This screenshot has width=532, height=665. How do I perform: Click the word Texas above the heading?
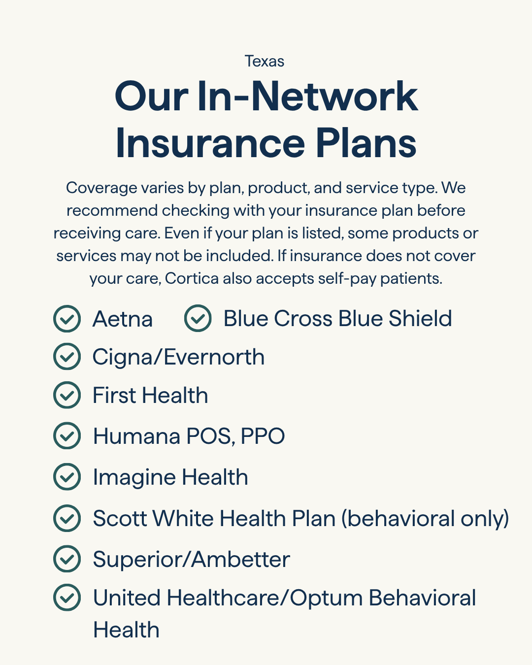[x=265, y=61]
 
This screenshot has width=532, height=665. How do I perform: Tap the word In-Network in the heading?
[x=307, y=96]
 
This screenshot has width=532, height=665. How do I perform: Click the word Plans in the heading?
[x=366, y=143]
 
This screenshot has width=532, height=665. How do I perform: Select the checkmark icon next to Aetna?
[x=66, y=319]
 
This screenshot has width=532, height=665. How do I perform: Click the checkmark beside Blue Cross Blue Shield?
[x=198, y=318]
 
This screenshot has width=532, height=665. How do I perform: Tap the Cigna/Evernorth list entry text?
[x=178, y=357]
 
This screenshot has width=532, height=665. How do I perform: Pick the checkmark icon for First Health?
[x=66, y=395]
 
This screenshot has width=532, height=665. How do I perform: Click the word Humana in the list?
[x=136, y=436]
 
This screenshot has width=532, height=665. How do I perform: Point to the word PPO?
[x=263, y=436]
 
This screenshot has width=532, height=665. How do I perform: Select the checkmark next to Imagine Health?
[x=66, y=477]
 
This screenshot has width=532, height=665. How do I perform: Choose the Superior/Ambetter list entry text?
[x=191, y=560]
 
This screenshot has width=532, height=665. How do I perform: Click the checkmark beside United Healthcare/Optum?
[x=66, y=598]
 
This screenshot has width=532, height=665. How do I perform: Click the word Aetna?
[x=123, y=319]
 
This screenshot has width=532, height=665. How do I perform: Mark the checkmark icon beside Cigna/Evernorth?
[x=66, y=357]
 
